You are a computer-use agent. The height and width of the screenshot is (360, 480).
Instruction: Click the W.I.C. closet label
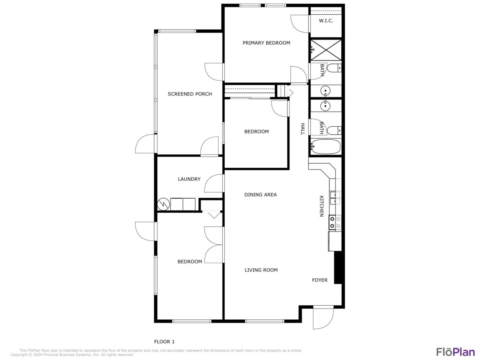(x=326, y=21)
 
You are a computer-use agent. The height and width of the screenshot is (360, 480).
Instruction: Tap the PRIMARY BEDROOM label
(x=266, y=43)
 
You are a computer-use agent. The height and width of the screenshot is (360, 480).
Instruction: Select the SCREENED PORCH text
(x=190, y=94)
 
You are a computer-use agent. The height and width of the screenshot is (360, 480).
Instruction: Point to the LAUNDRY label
(x=189, y=179)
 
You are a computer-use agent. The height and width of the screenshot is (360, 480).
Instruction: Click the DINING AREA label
(x=260, y=194)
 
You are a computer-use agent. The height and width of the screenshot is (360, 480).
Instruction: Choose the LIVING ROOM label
(x=261, y=270)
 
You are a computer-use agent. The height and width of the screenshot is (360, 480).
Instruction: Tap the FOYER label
(x=320, y=280)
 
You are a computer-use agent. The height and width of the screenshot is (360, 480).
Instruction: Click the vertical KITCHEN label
(x=322, y=206)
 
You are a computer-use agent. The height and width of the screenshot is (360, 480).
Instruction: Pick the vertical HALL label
(x=302, y=129)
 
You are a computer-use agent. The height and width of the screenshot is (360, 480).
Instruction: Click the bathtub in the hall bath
(x=326, y=147)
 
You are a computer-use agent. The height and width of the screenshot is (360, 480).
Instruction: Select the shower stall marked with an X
(x=326, y=50)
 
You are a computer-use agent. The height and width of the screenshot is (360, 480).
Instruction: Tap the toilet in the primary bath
(x=334, y=68)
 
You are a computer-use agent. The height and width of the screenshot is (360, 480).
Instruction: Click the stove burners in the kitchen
(x=335, y=222)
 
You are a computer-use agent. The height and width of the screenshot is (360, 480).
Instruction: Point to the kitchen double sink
(x=335, y=198)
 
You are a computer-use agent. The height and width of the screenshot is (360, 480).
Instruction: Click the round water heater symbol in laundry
(x=163, y=204)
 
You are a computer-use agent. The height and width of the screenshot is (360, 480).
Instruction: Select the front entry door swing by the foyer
(x=323, y=318)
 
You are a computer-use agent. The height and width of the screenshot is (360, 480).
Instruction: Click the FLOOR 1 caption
(x=164, y=341)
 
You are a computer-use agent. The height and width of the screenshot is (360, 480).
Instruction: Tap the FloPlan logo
(x=456, y=352)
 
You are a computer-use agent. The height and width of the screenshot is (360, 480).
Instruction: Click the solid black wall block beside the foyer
(x=338, y=268)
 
